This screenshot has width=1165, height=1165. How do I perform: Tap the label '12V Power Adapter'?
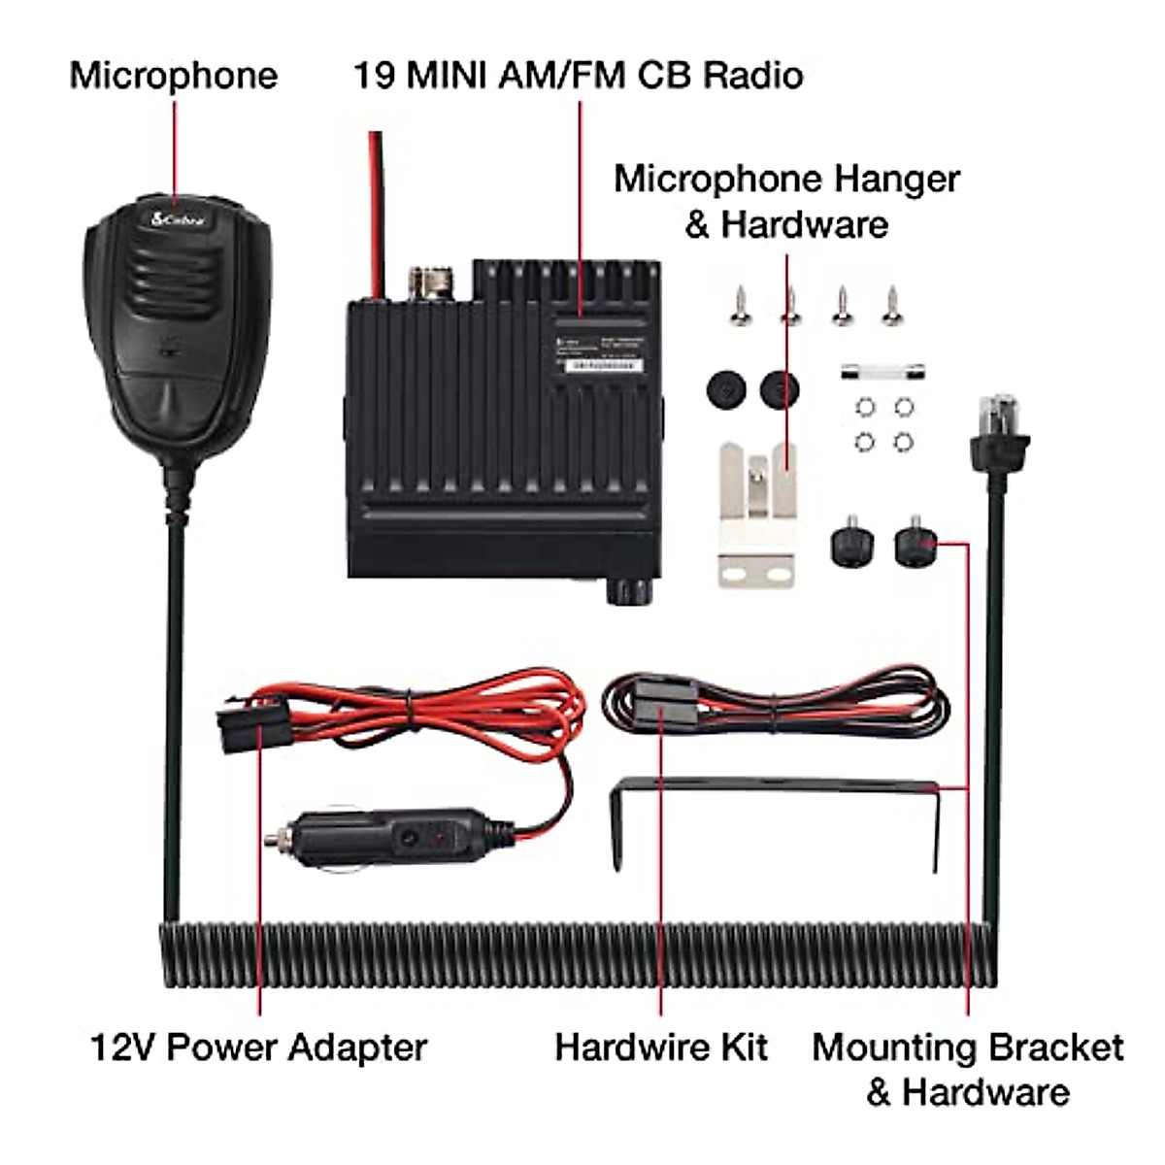pos(258,1048)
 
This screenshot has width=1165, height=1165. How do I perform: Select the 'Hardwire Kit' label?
pos(661,1048)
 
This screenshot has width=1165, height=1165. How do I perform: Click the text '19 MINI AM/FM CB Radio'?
pos(578,76)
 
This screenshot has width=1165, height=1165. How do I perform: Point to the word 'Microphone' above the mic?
pos(174,76)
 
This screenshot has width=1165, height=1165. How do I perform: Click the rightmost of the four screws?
pos(892,307)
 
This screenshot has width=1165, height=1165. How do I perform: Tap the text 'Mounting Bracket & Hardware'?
pos(968,1069)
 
